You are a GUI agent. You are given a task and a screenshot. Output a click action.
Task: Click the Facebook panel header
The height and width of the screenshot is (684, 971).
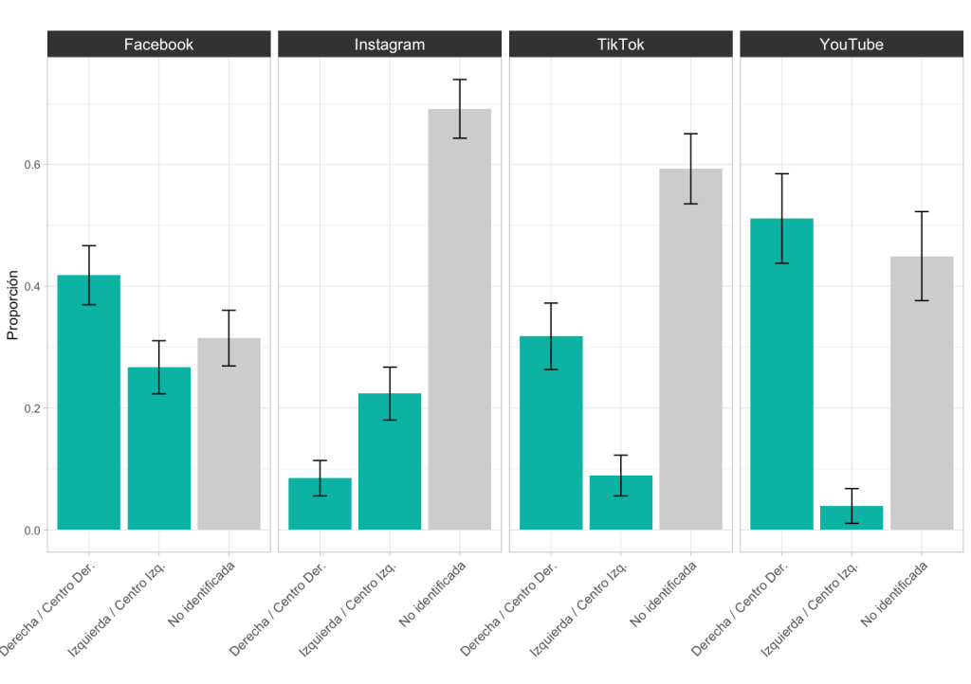158,45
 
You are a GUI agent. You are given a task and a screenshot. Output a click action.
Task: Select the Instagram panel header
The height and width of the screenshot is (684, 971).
389,45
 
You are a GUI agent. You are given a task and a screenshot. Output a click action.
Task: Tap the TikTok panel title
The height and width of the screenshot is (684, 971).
620,45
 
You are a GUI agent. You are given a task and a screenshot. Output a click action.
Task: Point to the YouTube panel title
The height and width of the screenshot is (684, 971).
852,45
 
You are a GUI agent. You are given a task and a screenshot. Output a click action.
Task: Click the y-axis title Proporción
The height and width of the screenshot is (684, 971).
13,305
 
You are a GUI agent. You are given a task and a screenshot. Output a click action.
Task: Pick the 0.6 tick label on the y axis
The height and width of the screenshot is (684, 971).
33,165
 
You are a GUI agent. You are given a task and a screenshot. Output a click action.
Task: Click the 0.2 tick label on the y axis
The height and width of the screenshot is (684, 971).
33,408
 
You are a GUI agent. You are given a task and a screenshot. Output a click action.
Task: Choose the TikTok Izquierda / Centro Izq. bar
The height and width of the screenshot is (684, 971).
621,503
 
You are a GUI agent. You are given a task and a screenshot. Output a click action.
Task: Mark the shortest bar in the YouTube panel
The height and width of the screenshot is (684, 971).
852,518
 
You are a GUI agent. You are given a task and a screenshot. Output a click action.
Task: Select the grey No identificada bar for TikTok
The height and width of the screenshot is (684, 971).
690,350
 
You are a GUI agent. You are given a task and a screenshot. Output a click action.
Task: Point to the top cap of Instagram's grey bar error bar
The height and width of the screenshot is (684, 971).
459,80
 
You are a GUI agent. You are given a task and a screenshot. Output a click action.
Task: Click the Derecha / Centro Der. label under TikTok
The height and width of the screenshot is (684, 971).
512,606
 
